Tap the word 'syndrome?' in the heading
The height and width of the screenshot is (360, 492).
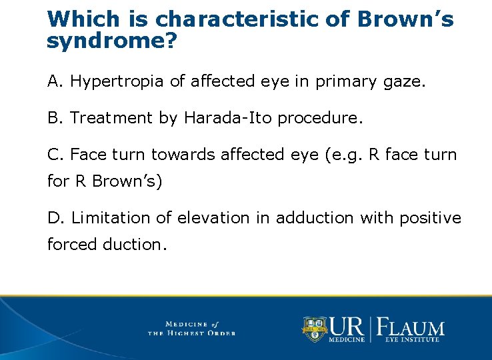(x=111, y=41)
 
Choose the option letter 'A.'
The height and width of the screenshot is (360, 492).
(x=55, y=81)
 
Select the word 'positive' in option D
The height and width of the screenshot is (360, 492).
(x=431, y=218)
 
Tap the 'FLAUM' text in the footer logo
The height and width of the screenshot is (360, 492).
(x=411, y=327)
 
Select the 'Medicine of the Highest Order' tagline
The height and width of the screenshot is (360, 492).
(x=191, y=328)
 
